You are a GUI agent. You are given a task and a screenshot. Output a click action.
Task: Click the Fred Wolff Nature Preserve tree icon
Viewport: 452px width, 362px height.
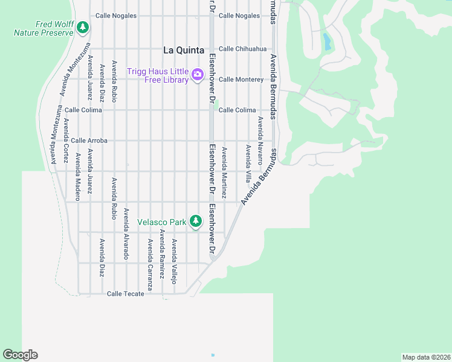[83, 28]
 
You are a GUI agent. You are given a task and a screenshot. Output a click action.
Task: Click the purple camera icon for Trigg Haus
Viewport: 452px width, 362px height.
[197, 75]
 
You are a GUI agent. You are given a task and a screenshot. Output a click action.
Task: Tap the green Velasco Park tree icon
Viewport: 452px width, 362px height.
[195, 221]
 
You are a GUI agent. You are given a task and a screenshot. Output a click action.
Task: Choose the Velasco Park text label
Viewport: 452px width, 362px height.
[162, 222]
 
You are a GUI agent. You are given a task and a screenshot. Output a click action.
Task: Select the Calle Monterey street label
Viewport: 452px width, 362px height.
[241, 80]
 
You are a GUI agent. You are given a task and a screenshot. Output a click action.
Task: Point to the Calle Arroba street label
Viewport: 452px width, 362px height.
[89, 141]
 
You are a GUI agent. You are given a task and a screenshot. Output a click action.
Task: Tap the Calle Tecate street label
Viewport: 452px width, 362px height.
[125, 294]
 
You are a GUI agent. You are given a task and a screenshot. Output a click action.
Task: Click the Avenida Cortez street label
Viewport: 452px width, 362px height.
[66, 140]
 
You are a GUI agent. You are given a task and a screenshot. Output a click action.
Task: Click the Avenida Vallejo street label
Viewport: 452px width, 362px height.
[173, 261]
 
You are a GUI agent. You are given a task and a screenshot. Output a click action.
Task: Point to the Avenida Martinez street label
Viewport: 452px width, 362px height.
[224, 173]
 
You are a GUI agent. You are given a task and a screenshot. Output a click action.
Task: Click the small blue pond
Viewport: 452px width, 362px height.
[327, 42]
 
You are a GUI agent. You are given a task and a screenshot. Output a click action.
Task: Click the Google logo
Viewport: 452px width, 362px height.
[20, 355]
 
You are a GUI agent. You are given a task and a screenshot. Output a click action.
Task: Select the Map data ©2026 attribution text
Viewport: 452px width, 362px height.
[426, 357]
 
